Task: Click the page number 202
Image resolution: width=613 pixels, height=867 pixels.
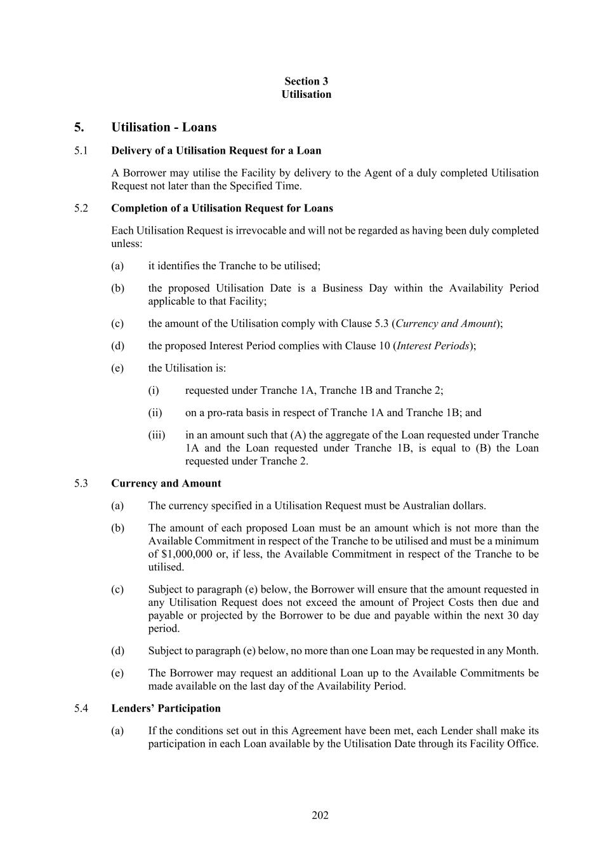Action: point(320,815)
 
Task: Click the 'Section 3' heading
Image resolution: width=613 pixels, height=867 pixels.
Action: point(306,81)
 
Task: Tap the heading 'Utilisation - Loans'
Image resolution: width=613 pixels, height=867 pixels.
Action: point(164,127)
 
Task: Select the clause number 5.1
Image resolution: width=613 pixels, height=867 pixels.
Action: point(81,151)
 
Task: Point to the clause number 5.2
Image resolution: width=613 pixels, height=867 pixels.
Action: point(81,208)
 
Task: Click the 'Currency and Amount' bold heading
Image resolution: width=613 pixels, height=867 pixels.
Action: point(166,483)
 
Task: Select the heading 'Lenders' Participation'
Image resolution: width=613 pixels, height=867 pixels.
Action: point(166,708)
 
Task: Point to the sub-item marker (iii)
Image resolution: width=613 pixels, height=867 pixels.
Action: point(156,435)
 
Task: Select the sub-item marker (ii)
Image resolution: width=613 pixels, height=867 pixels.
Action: point(155,413)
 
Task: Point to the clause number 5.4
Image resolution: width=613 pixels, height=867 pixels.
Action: point(81,708)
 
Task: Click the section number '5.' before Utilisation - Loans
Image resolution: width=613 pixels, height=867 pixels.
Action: point(79,127)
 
